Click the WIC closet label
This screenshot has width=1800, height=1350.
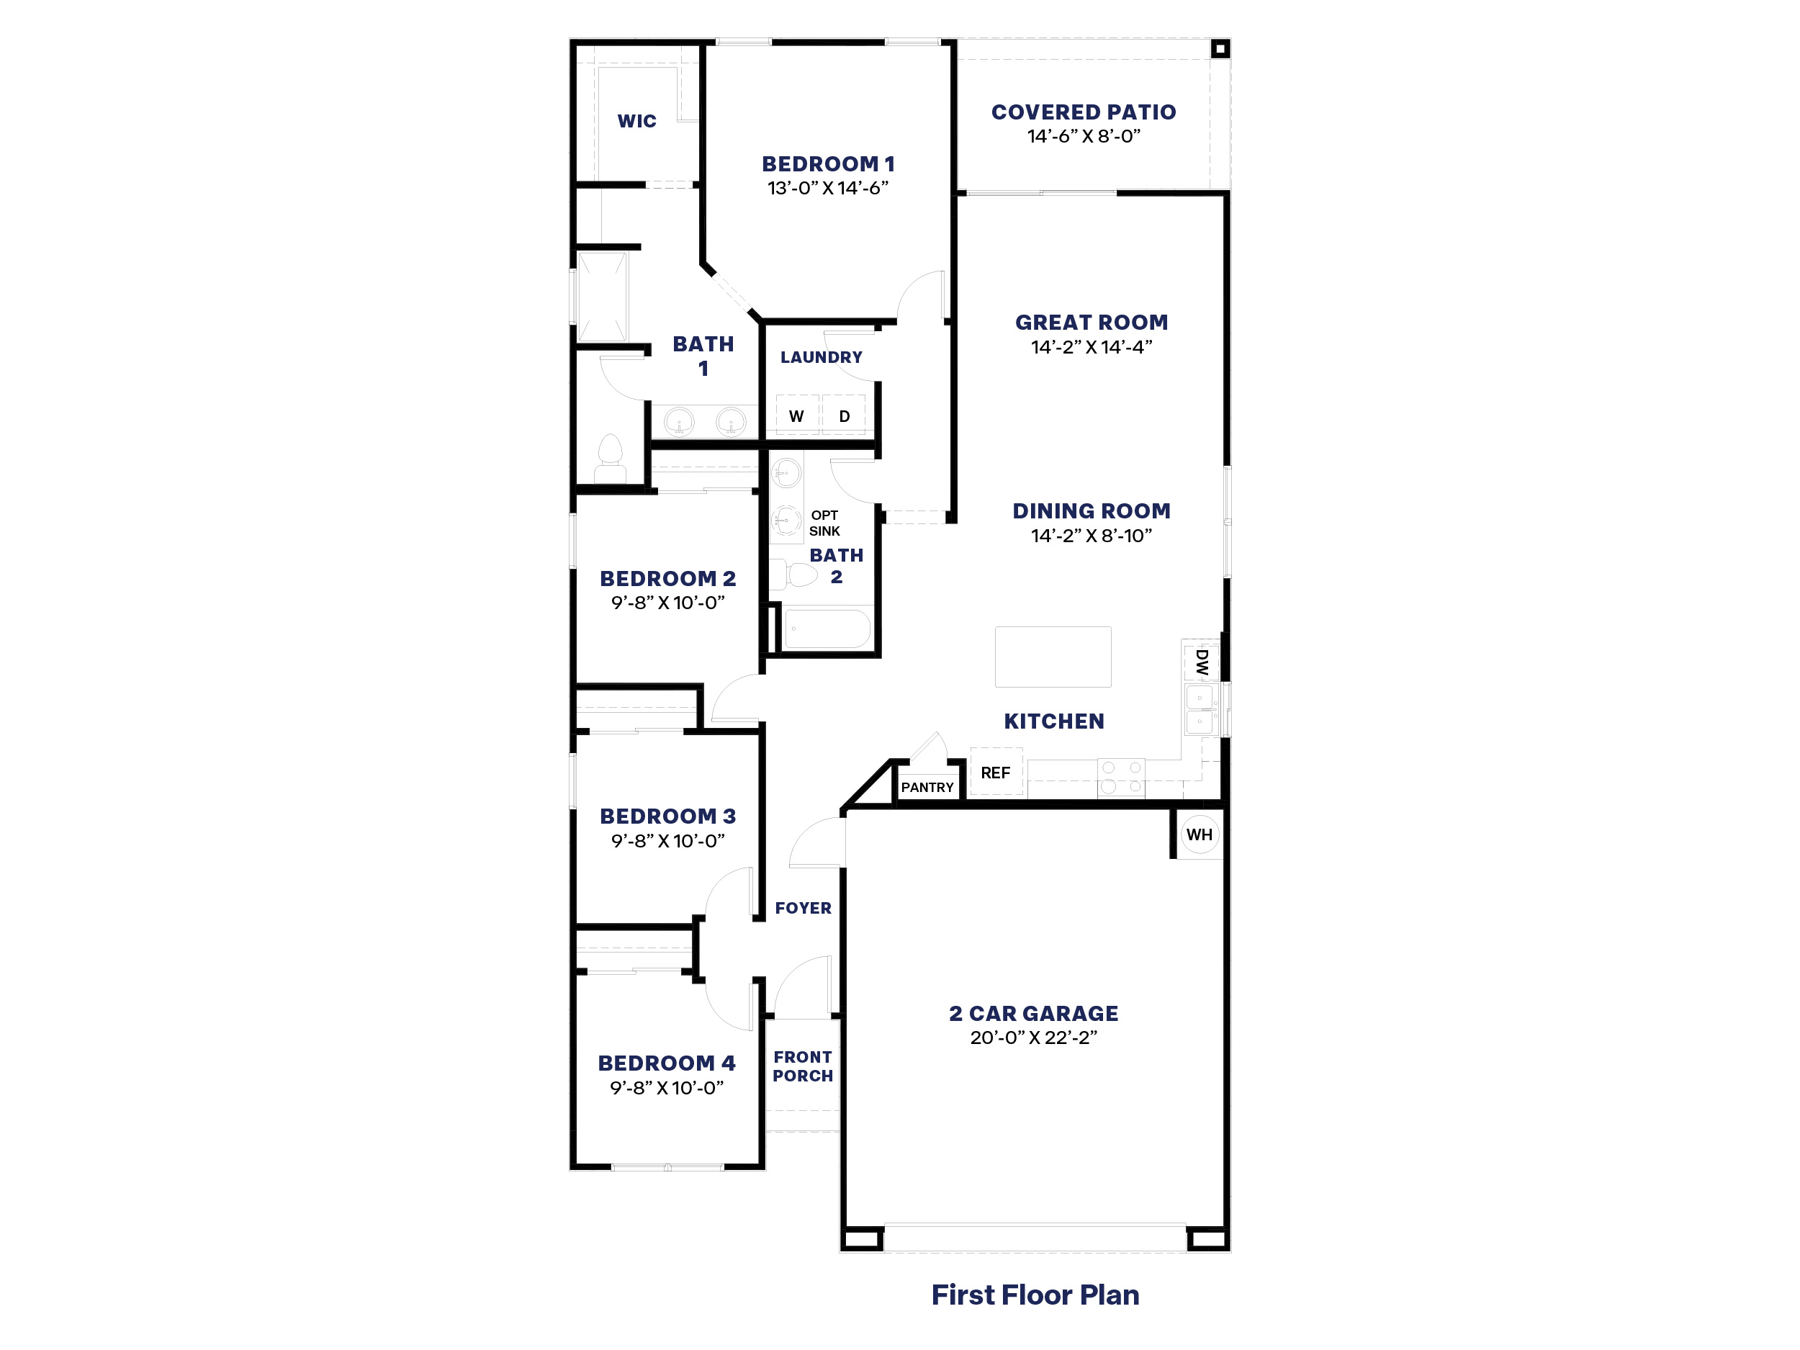[636, 121]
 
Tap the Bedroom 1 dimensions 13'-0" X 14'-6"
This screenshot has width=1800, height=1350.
[827, 188]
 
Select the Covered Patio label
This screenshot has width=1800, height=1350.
[1083, 112]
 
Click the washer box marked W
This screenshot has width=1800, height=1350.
[796, 415]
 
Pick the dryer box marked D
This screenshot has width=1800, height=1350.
[844, 415]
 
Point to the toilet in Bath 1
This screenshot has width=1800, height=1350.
[611, 459]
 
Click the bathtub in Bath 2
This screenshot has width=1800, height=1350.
[827, 629]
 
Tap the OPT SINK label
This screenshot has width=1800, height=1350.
[824, 523]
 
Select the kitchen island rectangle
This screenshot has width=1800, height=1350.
[1053, 657]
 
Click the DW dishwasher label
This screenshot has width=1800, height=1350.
[1202, 662]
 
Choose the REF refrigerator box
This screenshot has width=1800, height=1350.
[996, 771]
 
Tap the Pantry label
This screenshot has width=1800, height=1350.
[927, 787]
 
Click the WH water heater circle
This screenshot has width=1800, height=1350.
[1200, 834]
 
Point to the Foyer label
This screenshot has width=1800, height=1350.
[804, 908]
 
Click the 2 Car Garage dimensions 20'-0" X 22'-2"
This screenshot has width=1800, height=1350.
[1033, 1038]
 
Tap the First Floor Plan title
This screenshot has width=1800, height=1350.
[1035, 1295]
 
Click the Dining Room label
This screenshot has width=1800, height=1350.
[1092, 511]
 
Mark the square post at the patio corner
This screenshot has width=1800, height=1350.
[1220, 49]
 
